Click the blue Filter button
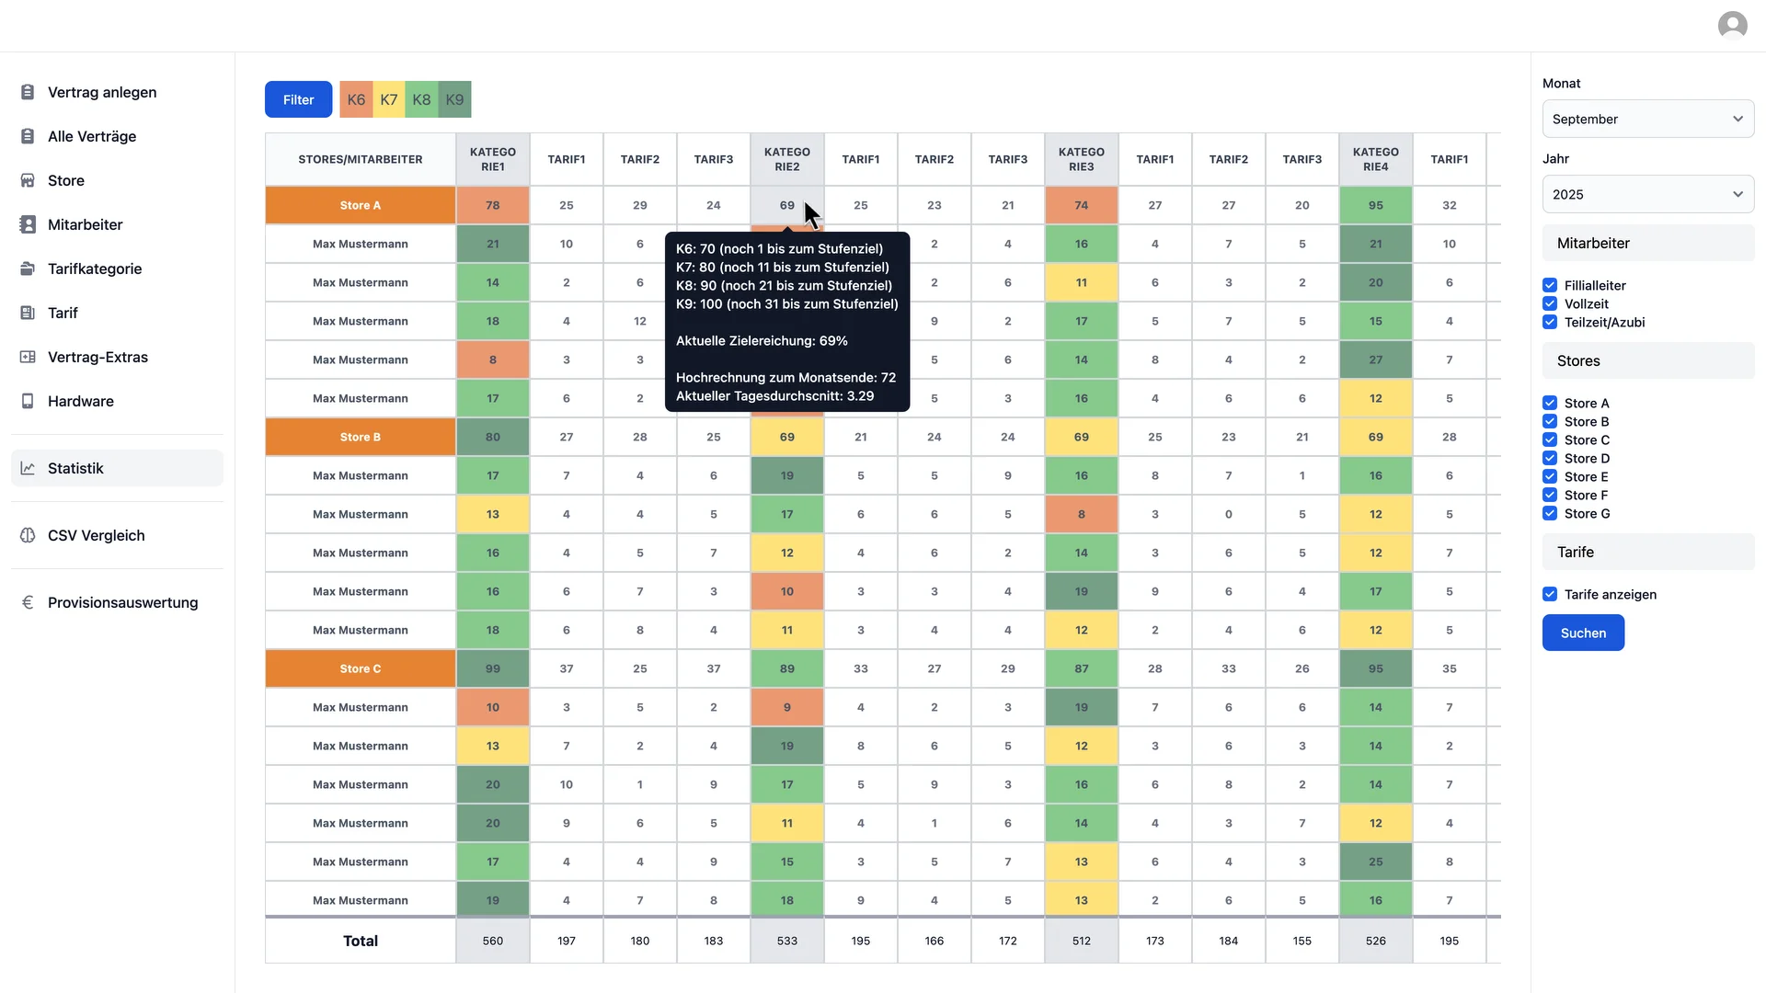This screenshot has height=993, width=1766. (x=298, y=99)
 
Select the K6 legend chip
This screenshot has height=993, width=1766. (x=356, y=99)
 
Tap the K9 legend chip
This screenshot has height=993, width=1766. (x=454, y=99)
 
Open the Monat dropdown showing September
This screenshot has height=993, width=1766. (x=1647, y=120)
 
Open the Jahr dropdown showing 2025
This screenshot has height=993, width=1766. (x=1647, y=195)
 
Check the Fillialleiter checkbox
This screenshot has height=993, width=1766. (x=1550, y=286)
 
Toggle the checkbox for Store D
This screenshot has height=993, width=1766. (x=1550, y=459)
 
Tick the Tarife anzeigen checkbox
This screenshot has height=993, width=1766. (x=1550, y=595)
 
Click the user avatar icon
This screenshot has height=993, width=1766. (x=1732, y=25)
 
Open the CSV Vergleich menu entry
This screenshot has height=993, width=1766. (x=96, y=535)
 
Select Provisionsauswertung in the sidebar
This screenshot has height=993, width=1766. (x=122, y=602)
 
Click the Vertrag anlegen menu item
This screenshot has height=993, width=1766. (x=101, y=92)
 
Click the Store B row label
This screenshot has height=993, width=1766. (x=360, y=438)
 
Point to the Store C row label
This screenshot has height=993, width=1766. (x=360, y=669)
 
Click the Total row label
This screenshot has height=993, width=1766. (x=360, y=941)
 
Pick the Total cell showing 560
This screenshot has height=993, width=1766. (x=492, y=941)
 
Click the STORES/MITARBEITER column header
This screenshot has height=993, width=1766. (x=360, y=160)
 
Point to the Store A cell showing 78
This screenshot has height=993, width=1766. (x=492, y=206)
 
